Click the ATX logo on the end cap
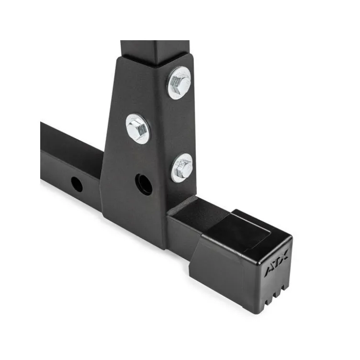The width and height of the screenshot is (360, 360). click(276, 263)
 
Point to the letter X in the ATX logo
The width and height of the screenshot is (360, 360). click(284, 255)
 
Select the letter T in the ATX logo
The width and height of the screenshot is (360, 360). click(277, 263)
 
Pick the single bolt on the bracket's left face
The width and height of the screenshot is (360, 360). click(138, 129)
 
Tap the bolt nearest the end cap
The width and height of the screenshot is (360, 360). click(182, 168)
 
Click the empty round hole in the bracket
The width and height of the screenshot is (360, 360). click(144, 184)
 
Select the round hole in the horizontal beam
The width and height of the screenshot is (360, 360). click(77, 184)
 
